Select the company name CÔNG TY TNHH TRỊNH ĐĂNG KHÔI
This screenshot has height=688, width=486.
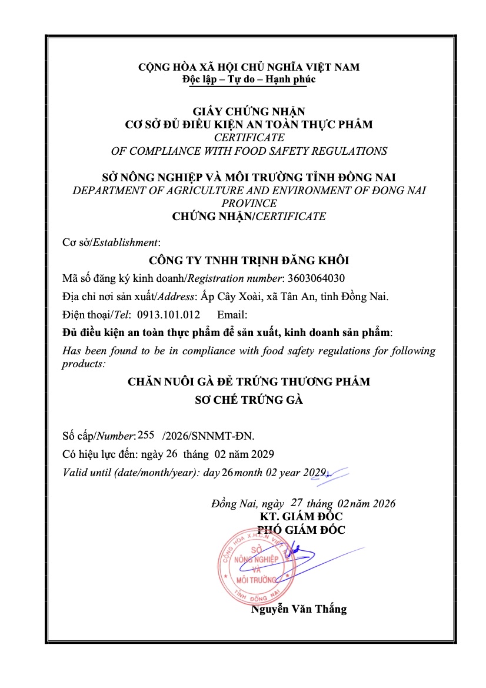249,260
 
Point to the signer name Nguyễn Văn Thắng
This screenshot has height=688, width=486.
299,609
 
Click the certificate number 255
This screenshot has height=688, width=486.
145,435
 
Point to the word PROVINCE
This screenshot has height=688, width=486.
249,203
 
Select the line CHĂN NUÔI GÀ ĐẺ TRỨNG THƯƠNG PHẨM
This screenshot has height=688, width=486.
249,381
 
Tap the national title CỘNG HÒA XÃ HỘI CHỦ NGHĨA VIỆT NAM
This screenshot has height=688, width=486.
249,67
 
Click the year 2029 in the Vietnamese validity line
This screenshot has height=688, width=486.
262,454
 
